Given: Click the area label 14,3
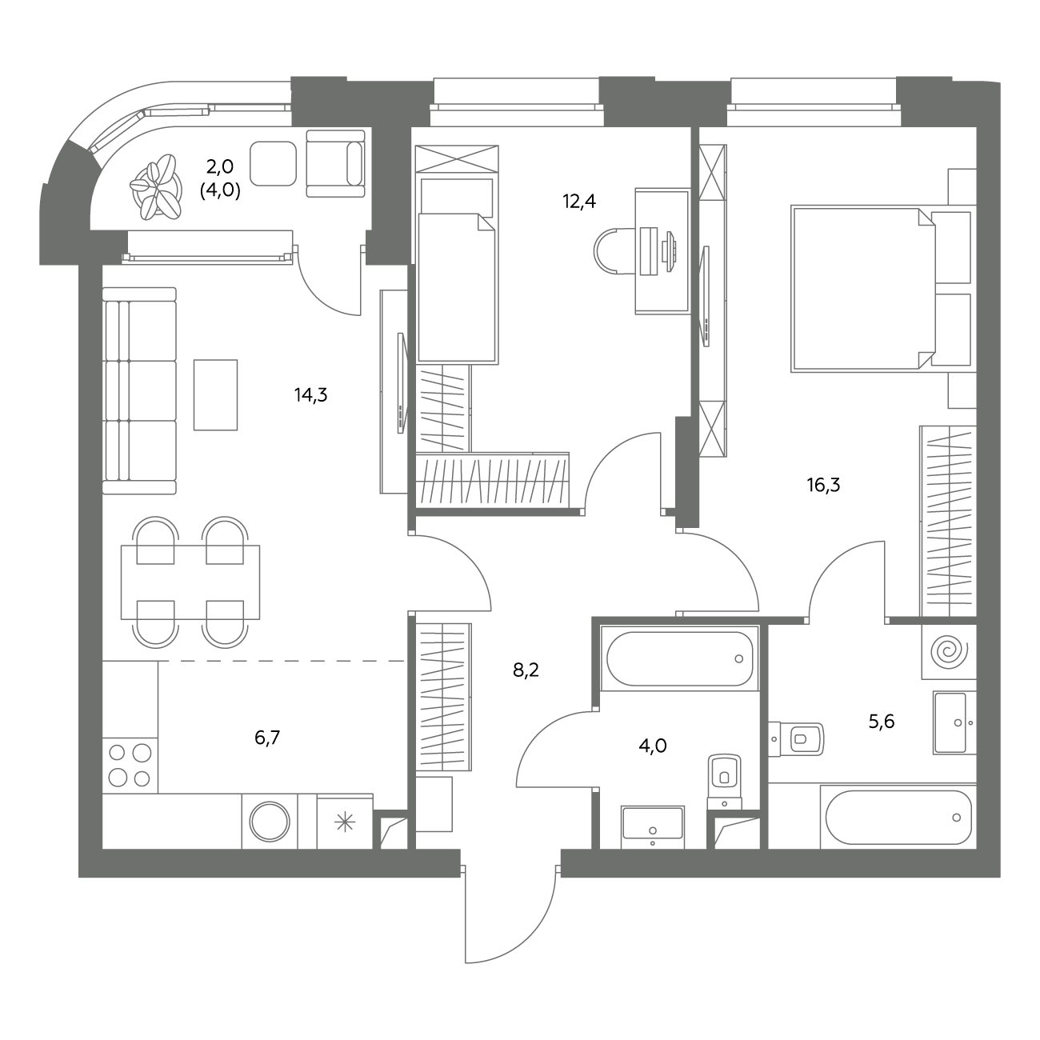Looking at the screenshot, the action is point(310,395).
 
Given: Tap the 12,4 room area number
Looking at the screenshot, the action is point(578,202).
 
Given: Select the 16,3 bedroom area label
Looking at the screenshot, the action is point(823,485).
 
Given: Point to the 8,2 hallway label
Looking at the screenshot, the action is point(526,670).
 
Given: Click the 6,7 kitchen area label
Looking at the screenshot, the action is point(267,737).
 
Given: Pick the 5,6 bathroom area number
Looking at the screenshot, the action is point(882,721).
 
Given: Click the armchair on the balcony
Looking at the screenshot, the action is point(335,163).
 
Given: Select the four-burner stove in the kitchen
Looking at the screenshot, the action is point(130,765).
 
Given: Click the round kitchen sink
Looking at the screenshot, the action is point(270,822).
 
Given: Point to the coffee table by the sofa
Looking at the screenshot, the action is point(215,395).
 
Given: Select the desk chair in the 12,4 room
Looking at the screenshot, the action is point(615,251).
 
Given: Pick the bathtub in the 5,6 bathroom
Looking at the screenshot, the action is point(898,817).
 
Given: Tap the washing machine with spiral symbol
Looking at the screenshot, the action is point(949,651).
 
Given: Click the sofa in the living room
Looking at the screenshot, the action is point(139,390).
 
